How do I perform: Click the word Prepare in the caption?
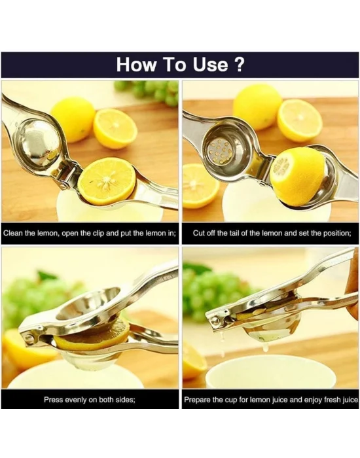pyautogui.click(x=198, y=399)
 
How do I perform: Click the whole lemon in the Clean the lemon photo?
pyautogui.click(x=73, y=118)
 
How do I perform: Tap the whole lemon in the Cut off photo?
pyautogui.click(x=257, y=107)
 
